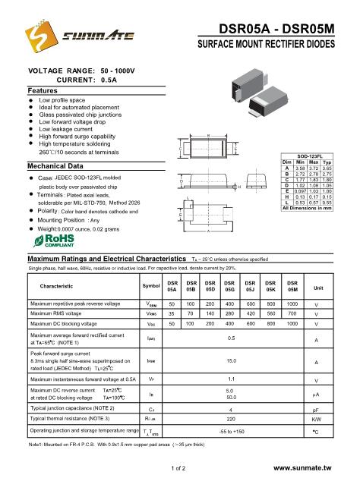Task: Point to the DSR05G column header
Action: click(229, 285)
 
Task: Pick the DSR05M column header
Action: click(292, 285)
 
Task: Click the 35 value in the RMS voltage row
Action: click(172, 313)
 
